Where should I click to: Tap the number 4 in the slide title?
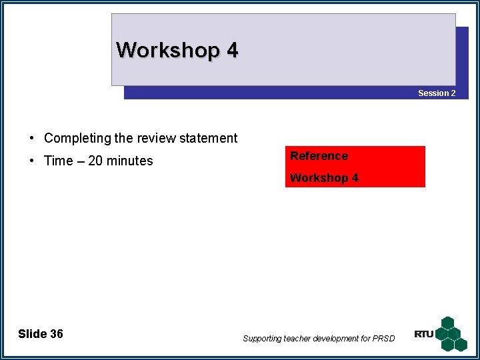(x=232, y=50)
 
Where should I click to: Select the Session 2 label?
(x=437, y=93)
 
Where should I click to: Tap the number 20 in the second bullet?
(x=96, y=161)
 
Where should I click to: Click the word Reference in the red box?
(x=319, y=156)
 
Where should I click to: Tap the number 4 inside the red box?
(x=355, y=178)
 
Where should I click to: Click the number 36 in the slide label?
(x=56, y=334)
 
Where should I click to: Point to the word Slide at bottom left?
(x=32, y=334)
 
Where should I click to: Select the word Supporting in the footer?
(x=262, y=339)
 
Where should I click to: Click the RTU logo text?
(x=424, y=334)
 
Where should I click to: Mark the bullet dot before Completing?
(x=32, y=139)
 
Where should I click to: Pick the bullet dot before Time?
(x=32, y=161)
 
